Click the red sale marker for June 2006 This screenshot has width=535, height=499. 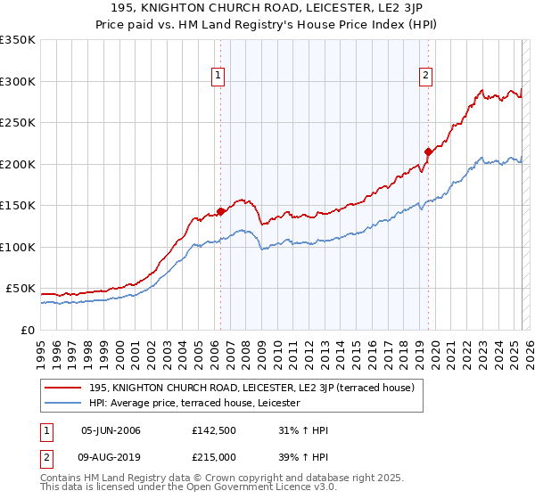pyautogui.click(x=220, y=211)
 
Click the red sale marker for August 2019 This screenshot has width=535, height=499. pyautogui.click(x=428, y=151)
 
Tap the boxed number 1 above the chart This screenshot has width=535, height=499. pyautogui.click(x=218, y=76)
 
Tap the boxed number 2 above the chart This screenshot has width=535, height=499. pyautogui.click(x=426, y=76)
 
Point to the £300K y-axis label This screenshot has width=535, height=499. pyautogui.click(x=18, y=81)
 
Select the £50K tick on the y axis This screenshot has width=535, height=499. pyautogui.click(x=21, y=289)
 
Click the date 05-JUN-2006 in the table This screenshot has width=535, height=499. pyautogui.click(x=111, y=430)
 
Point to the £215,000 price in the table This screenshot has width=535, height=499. pyautogui.click(x=214, y=456)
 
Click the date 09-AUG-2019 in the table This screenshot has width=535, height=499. pyautogui.click(x=111, y=456)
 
